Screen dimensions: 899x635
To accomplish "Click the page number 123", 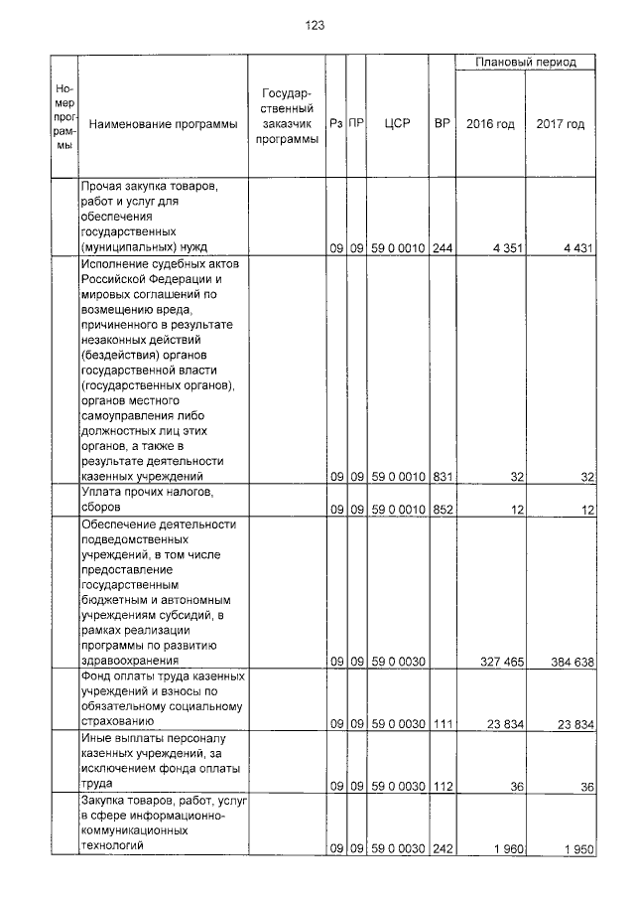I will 316,25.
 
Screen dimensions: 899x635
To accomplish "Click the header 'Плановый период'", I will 525,63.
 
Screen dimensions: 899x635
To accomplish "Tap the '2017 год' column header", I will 560,124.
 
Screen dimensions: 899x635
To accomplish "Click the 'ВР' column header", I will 443,124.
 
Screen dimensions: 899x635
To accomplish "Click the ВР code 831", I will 443,478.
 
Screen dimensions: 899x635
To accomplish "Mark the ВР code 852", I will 443,510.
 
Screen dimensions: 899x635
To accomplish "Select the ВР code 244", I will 443,248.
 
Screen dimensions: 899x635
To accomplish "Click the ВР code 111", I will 443,724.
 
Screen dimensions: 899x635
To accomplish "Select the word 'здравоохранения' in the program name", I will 130,659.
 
